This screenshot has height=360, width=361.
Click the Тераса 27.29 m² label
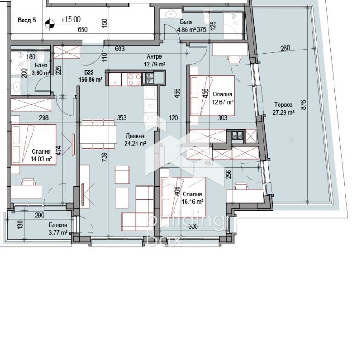pyautogui.click(x=284, y=109)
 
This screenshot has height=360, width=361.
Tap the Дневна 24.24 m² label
pyautogui.click(x=136, y=140)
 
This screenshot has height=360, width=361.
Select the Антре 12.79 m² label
pyautogui.click(x=154, y=61)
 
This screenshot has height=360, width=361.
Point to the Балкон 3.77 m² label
pyautogui.click(x=58, y=229)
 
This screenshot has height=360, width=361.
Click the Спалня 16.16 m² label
pyautogui.click(x=192, y=198)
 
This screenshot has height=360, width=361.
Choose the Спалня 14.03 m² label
pyautogui.click(x=41, y=155)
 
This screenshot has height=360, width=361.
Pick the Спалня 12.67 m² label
pyautogui.click(x=223, y=98)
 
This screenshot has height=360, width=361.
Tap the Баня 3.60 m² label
pyautogui.click(x=41, y=69)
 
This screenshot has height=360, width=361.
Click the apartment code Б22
pyautogui.click(x=89, y=72)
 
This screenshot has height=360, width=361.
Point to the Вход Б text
pyautogui.click(x=27, y=20)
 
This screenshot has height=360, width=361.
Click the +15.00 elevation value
pyautogui.click(x=71, y=20)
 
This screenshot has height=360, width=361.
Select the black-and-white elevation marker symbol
pyautogui.click(x=50, y=23)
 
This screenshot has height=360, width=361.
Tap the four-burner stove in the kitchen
pyautogui.click(x=134, y=79)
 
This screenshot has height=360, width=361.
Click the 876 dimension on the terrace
pyautogui.click(x=303, y=105)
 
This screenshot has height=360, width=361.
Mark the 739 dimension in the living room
pyautogui.click(x=104, y=157)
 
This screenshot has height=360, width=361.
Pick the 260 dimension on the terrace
pyautogui.click(x=285, y=48)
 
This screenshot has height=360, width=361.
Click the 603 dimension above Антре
pyautogui.click(x=120, y=49)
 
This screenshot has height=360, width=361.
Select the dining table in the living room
pyautogui.click(x=98, y=134)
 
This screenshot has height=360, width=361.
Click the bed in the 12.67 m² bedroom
pyautogui.click(x=212, y=95)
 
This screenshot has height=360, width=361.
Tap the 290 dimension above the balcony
pyautogui.click(x=39, y=215)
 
